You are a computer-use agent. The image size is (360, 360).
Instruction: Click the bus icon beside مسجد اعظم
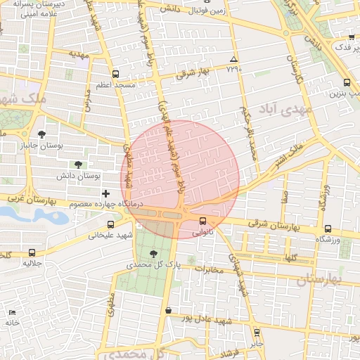[115, 74]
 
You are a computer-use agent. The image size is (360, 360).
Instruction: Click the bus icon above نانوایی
[203, 220]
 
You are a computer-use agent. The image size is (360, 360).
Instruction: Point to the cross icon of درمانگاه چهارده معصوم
[105, 193]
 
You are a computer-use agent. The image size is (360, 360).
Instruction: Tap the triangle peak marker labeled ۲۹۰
[234, 59]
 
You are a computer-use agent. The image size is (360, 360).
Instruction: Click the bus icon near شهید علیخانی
[110, 224]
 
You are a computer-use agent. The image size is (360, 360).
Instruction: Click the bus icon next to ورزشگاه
[328, 229]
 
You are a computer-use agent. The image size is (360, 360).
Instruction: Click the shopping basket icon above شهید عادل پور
[168, 310]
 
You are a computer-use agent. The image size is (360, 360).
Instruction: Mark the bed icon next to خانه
[11, 312]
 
